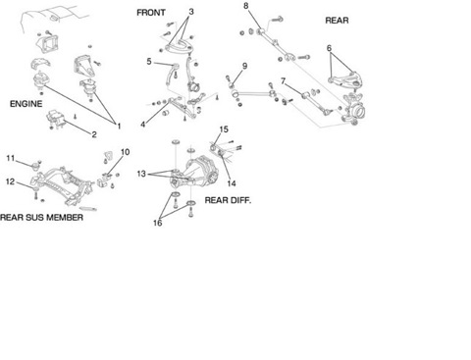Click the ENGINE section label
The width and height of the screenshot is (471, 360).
(x=26, y=104)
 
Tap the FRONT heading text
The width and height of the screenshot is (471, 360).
(x=151, y=13)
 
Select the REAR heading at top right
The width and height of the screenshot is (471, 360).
(x=337, y=21)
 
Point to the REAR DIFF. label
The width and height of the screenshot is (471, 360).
(x=228, y=200)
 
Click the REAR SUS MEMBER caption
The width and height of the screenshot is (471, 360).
(x=41, y=218)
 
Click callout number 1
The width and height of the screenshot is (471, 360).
(x=119, y=126)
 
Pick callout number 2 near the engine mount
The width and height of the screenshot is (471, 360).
(x=94, y=134)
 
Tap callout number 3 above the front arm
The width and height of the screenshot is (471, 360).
(x=191, y=12)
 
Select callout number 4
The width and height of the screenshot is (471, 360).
(x=142, y=125)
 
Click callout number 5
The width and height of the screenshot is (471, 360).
(x=149, y=62)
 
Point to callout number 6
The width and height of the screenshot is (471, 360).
(x=329, y=48)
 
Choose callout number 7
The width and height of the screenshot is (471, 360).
(x=284, y=80)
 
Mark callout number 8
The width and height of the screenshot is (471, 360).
(x=246, y=6)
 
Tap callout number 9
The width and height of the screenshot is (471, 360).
(x=244, y=66)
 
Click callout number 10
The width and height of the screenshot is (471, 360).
(x=126, y=152)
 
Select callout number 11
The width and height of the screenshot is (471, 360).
(x=11, y=158)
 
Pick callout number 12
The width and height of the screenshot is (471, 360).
(x=11, y=181)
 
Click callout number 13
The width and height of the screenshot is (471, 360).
(x=141, y=174)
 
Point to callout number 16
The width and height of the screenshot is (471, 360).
(x=158, y=223)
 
